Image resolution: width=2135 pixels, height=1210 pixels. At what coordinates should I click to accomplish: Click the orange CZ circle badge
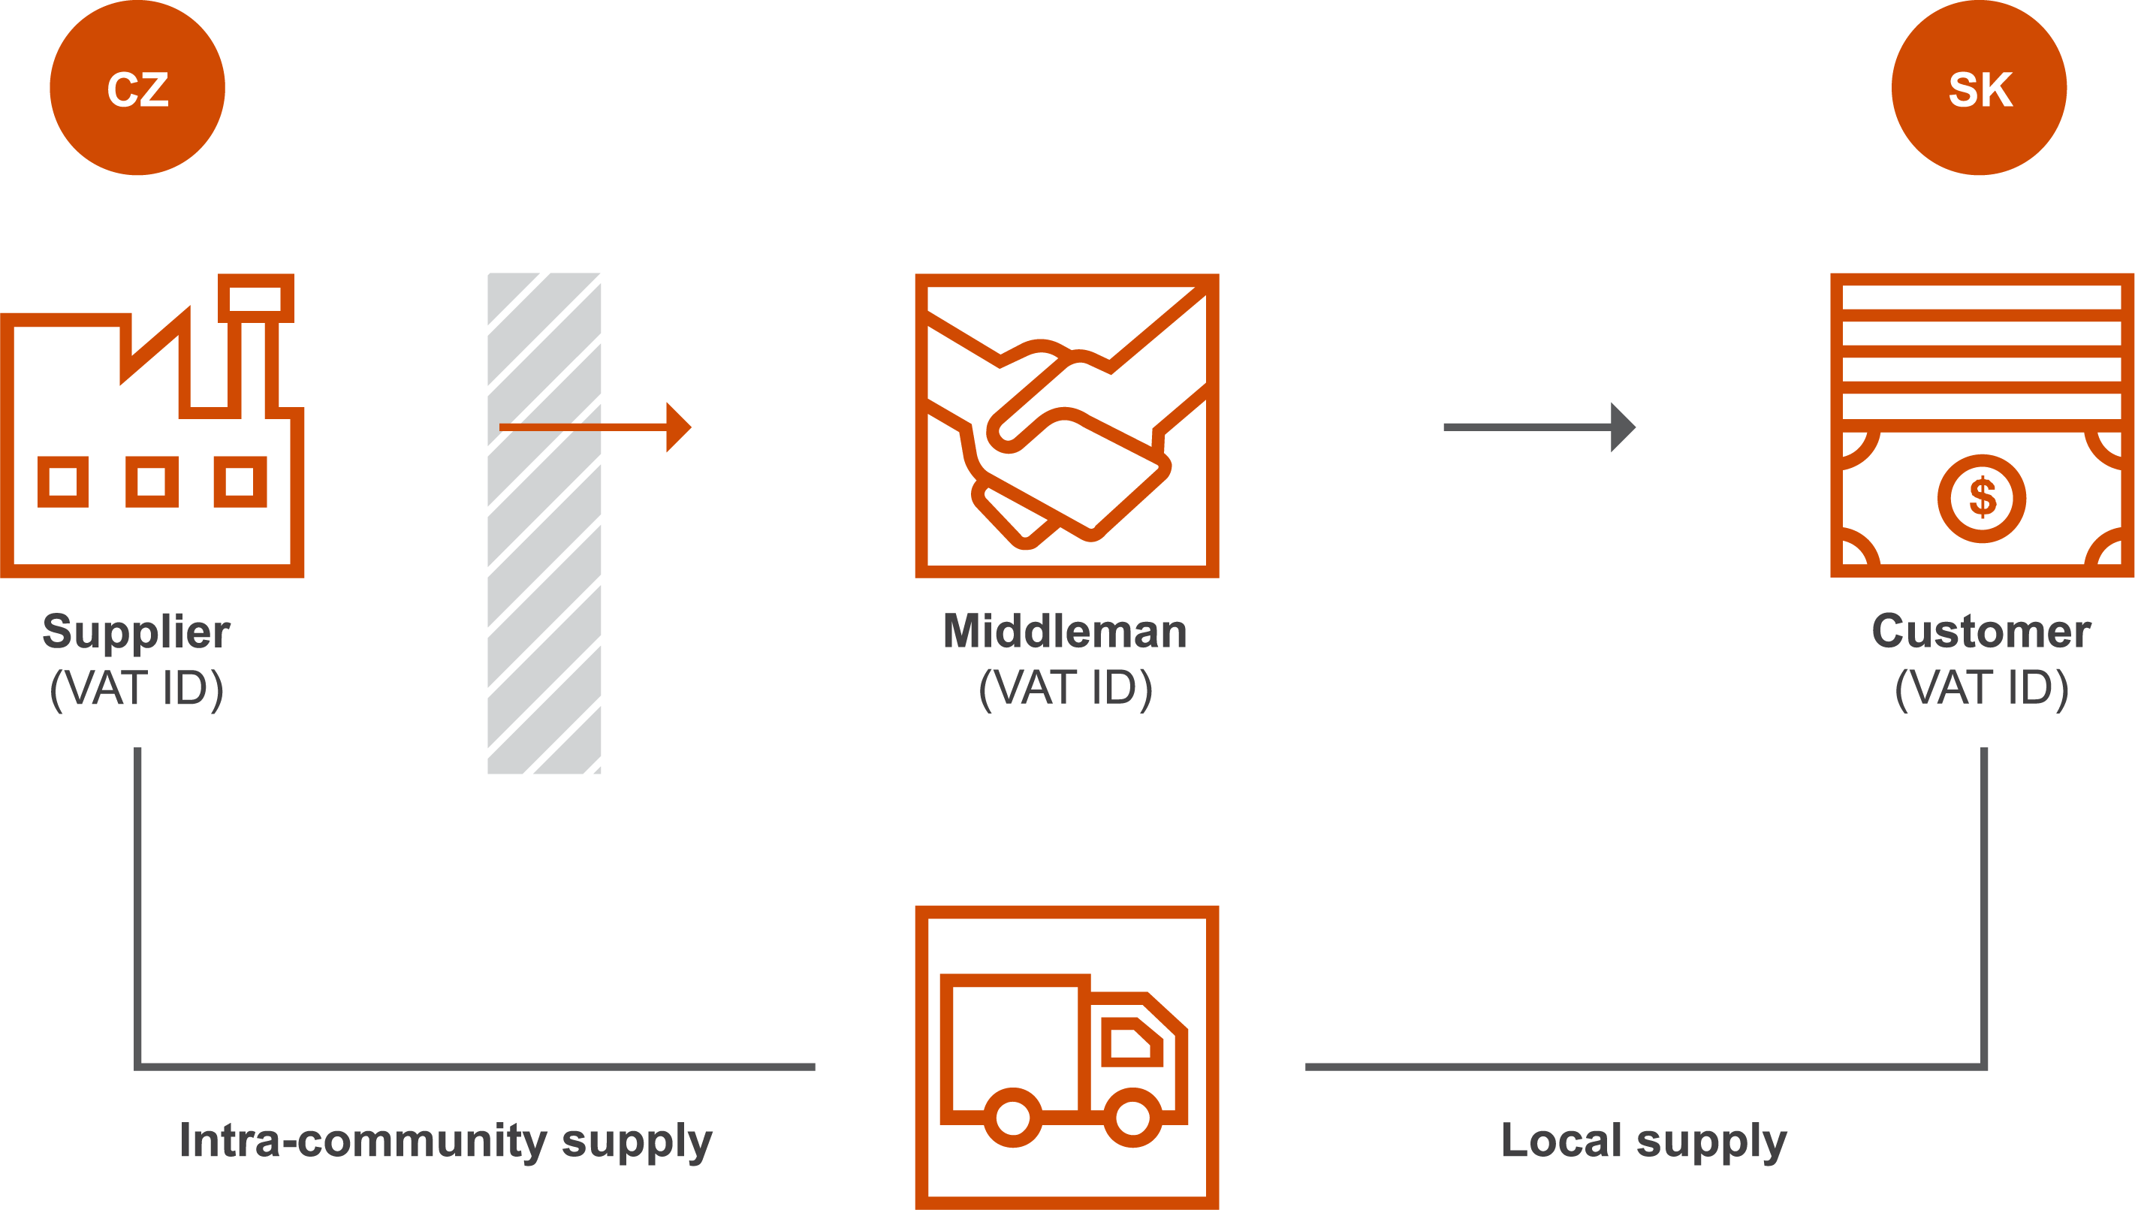(137, 88)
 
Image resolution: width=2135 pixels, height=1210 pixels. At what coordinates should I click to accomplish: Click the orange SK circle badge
(1979, 88)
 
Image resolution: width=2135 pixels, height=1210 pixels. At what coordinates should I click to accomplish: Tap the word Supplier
(136, 632)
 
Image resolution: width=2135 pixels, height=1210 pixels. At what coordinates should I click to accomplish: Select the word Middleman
(1065, 632)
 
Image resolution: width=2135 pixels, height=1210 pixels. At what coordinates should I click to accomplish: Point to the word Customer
(1981, 632)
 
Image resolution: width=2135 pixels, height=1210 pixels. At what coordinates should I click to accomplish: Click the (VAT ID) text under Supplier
(136, 688)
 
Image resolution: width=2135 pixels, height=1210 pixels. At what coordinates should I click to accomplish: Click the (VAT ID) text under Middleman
(1065, 688)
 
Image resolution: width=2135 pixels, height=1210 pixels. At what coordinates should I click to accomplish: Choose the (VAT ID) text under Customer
(1981, 688)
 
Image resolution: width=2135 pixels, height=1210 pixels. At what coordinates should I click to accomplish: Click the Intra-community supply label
(446, 1141)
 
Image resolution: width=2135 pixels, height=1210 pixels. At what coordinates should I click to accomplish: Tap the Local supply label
(1644, 1141)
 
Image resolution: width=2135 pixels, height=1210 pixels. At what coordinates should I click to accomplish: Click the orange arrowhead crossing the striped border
(678, 427)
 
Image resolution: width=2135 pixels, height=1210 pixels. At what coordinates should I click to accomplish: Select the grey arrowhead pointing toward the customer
(1621, 427)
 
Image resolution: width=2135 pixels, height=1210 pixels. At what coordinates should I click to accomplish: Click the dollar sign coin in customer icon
(1981, 499)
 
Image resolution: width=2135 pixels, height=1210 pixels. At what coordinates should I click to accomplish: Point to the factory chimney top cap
(256, 297)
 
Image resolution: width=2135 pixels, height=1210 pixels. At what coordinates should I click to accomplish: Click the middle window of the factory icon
(151, 481)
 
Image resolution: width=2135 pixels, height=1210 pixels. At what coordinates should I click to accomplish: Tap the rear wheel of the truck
(1012, 1117)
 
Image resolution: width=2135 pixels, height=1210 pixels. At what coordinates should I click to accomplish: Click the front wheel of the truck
(1132, 1117)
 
